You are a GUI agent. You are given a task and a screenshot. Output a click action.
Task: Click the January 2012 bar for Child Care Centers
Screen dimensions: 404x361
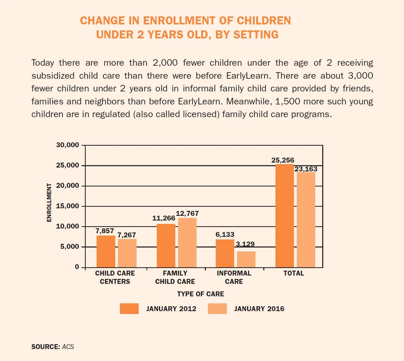point(106,251)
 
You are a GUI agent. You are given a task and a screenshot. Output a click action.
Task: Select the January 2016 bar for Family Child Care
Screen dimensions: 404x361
point(187,243)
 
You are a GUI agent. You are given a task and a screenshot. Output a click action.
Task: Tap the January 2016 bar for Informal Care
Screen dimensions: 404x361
point(246,259)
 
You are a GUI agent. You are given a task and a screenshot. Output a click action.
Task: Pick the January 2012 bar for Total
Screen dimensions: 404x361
point(285,216)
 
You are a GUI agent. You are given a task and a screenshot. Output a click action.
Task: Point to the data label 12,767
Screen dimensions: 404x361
point(187,213)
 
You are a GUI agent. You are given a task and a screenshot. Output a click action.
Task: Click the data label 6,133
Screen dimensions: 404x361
point(225,235)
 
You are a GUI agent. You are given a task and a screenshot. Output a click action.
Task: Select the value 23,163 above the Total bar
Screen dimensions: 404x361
point(306,169)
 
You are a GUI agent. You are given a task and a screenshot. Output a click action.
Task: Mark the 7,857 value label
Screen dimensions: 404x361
point(105,231)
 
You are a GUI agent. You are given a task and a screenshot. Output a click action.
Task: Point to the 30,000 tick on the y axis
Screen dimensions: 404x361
point(68,145)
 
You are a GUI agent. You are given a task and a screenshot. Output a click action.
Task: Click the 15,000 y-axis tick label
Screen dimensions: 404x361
point(68,206)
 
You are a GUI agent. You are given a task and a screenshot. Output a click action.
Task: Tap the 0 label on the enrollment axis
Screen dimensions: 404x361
point(77,267)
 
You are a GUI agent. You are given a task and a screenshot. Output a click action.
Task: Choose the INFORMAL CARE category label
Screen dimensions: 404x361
point(234,277)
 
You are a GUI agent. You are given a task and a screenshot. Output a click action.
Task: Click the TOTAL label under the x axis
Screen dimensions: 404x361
point(294,273)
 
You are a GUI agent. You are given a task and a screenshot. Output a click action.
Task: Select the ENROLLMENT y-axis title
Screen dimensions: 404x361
point(49,203)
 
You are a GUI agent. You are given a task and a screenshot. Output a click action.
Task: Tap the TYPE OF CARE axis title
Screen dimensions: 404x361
point(201,294)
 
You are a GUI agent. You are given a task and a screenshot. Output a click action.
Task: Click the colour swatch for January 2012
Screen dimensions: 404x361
point(129,309)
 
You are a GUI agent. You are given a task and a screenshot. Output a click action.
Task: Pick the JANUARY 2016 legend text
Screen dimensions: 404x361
point(259,309)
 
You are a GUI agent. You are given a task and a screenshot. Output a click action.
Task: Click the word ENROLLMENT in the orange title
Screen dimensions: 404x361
point(179,21)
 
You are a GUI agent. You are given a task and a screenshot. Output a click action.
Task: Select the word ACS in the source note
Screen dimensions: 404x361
point(68,347)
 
